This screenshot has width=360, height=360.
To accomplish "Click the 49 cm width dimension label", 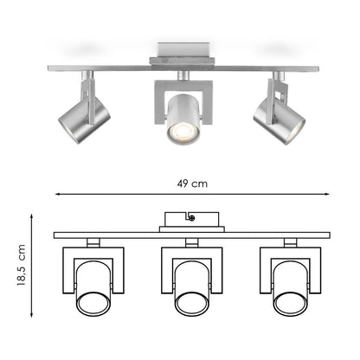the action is click(x=192, y=183).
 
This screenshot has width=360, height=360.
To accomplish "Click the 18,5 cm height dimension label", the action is click(x=22, y=265).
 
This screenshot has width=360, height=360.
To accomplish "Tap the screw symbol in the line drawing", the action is click(x=192, y=218).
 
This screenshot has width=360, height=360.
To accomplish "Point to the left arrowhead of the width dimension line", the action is click(x=57, y=195).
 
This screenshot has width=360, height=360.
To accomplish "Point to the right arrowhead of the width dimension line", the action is click(x=327, y=195).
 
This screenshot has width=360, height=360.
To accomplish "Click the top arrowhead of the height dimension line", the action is click(x=31, y=216).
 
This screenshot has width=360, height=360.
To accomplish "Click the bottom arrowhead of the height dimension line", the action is click(x=31, y=315).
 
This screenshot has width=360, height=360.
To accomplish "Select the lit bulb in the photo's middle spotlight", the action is click(x=183, y=132).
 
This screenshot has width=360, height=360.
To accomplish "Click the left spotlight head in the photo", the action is click(x=84, y=120).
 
